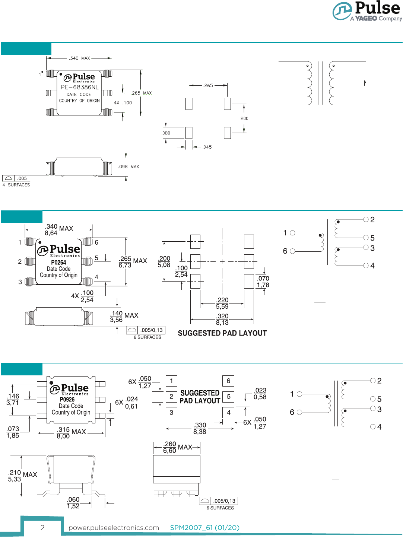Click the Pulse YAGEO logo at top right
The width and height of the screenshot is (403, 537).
point(367,11)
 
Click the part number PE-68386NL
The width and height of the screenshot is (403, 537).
point(80,87)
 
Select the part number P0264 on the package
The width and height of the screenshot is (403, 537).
point(58,263)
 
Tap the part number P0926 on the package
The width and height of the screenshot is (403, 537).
point(67,400)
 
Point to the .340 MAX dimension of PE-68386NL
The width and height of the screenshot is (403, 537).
point(79,58)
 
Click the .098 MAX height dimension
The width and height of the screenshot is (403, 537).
point(128,167)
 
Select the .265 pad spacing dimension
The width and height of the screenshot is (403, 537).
point(208,85)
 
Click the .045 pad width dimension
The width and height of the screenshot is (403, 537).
point(207,147)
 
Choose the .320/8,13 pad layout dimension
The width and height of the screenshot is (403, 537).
point(222,320)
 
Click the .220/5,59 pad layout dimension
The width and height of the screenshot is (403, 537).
point(222,303)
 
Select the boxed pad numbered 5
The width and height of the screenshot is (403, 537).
point(228,397)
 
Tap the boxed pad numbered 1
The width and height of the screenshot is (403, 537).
point(171,381)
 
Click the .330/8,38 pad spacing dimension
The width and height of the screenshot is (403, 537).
point(200,428)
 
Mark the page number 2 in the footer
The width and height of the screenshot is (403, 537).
point(42,528)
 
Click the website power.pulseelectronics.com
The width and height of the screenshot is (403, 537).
point(114,528)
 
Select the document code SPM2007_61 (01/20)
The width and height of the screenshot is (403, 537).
point(204,528)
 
